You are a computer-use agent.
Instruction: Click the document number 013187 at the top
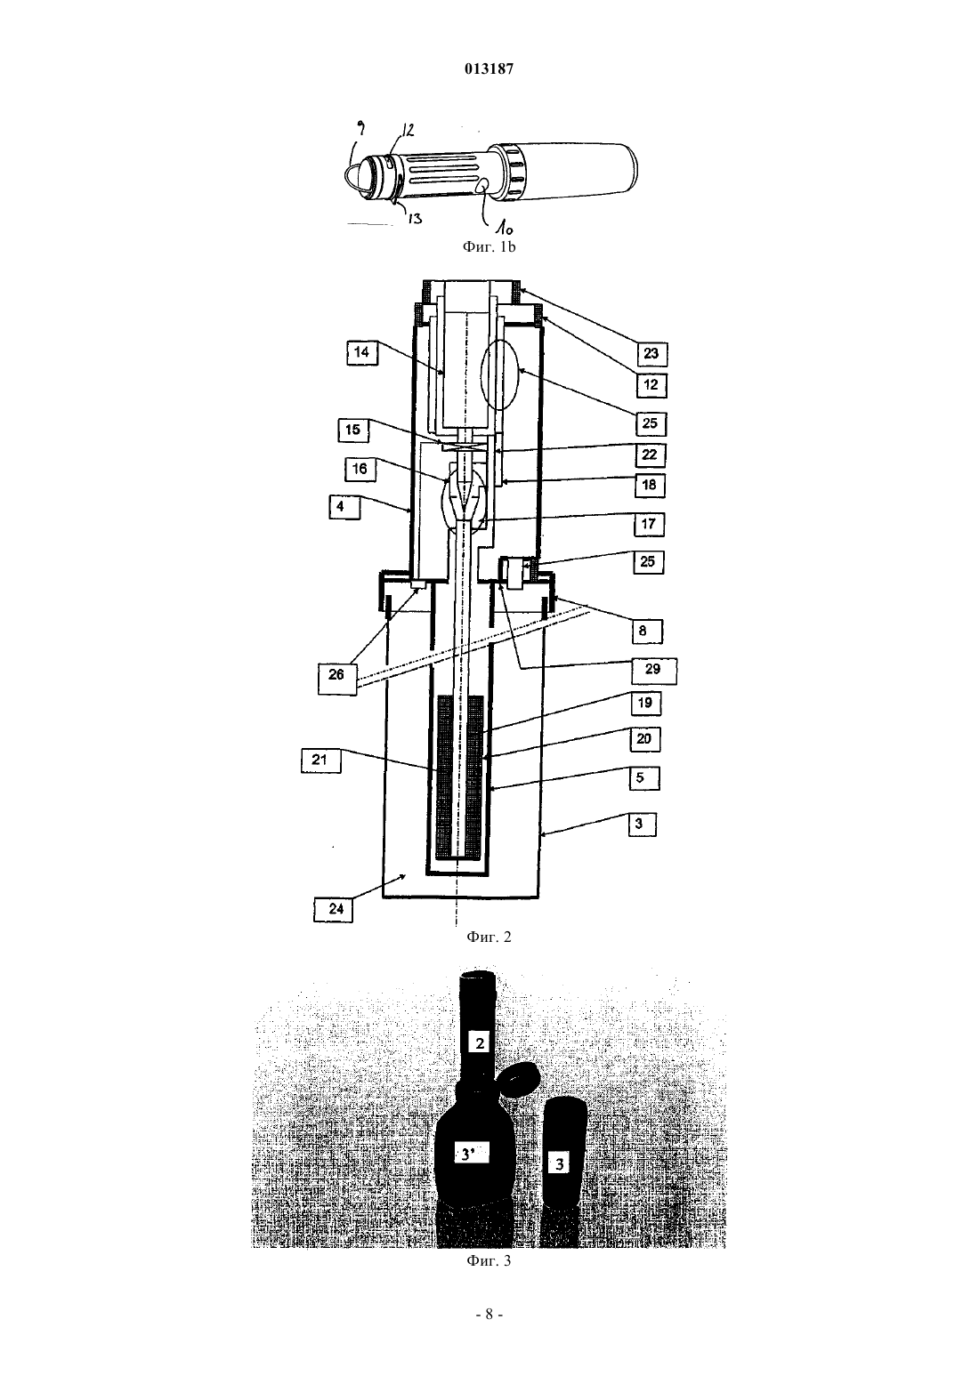pyautogui.click(x=489, y=68)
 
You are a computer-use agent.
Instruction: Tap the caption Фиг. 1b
pyautogui.click(x=489, y=247)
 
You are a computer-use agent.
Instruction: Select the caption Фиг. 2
pyautogui.click(x=489, y=937)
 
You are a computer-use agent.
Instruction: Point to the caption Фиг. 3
pyautogui.click(x=489, y=1260)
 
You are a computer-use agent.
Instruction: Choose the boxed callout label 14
pyautogui.click(x=362, y=353)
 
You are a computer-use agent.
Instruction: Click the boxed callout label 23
pyautogui.click(x=651, y=353)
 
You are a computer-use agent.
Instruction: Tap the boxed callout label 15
pyautogui.click(x=353, y=430)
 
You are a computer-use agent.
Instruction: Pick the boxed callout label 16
pyautogui.click(x=360, y=469)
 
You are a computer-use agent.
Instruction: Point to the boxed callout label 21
pyautogui.click(x=320, y=760)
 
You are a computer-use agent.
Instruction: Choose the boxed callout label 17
pyautogui.click(x=649, y=524)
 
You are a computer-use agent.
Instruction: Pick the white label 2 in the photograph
pyautogui.click(x=481, y=1043)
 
